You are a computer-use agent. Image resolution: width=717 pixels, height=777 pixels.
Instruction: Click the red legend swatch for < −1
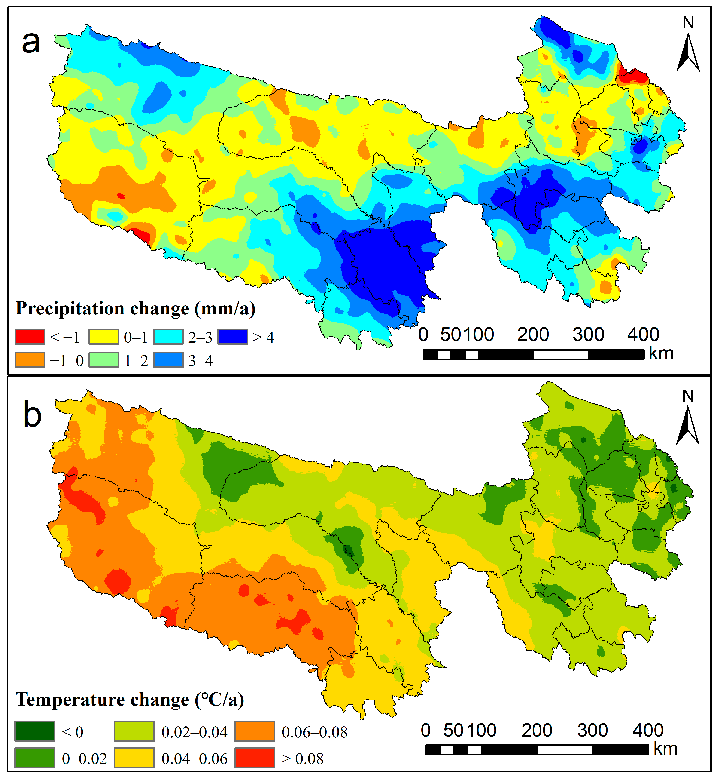30,337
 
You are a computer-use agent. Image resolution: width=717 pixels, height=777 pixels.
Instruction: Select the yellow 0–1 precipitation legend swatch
103,337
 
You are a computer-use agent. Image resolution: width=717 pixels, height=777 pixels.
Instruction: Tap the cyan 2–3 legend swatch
168,337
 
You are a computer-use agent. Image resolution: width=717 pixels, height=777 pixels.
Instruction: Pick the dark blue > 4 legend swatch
232,337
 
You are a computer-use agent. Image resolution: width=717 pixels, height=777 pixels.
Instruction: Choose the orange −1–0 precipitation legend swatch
30,360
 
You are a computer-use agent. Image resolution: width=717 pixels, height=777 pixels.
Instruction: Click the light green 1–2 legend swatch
103,360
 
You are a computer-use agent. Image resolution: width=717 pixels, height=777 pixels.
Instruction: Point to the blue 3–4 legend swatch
168,360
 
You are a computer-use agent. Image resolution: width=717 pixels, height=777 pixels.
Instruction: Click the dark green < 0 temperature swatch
35,731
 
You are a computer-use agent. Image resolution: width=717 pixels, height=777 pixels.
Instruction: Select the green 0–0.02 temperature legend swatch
35,758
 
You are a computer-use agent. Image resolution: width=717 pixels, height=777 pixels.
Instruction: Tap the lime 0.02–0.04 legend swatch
134,731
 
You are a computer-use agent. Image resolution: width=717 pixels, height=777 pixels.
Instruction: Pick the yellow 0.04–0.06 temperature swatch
134,758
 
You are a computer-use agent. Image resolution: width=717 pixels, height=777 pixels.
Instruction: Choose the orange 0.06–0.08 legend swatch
255,731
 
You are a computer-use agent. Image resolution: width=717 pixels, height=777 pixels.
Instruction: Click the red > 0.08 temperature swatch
255,758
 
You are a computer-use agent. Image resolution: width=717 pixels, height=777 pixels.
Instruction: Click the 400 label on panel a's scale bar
643,334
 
